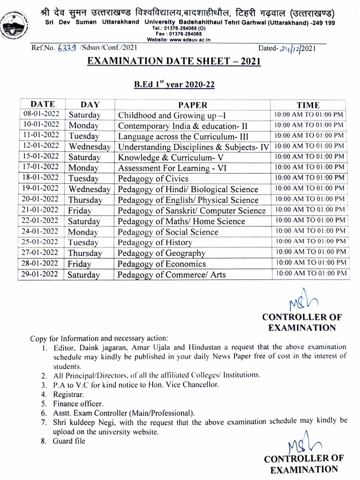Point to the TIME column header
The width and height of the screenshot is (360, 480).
click(x=308, y=105)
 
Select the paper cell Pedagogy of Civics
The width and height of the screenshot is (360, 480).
click(x=153, y=179)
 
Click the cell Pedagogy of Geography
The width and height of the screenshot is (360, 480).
click(x=161, y=253)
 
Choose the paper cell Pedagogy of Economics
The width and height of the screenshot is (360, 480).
click(x=162, y=264)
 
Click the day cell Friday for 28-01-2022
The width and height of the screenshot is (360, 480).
click(x=79, y=264)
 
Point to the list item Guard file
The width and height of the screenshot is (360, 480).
click(x=69, y=441)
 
